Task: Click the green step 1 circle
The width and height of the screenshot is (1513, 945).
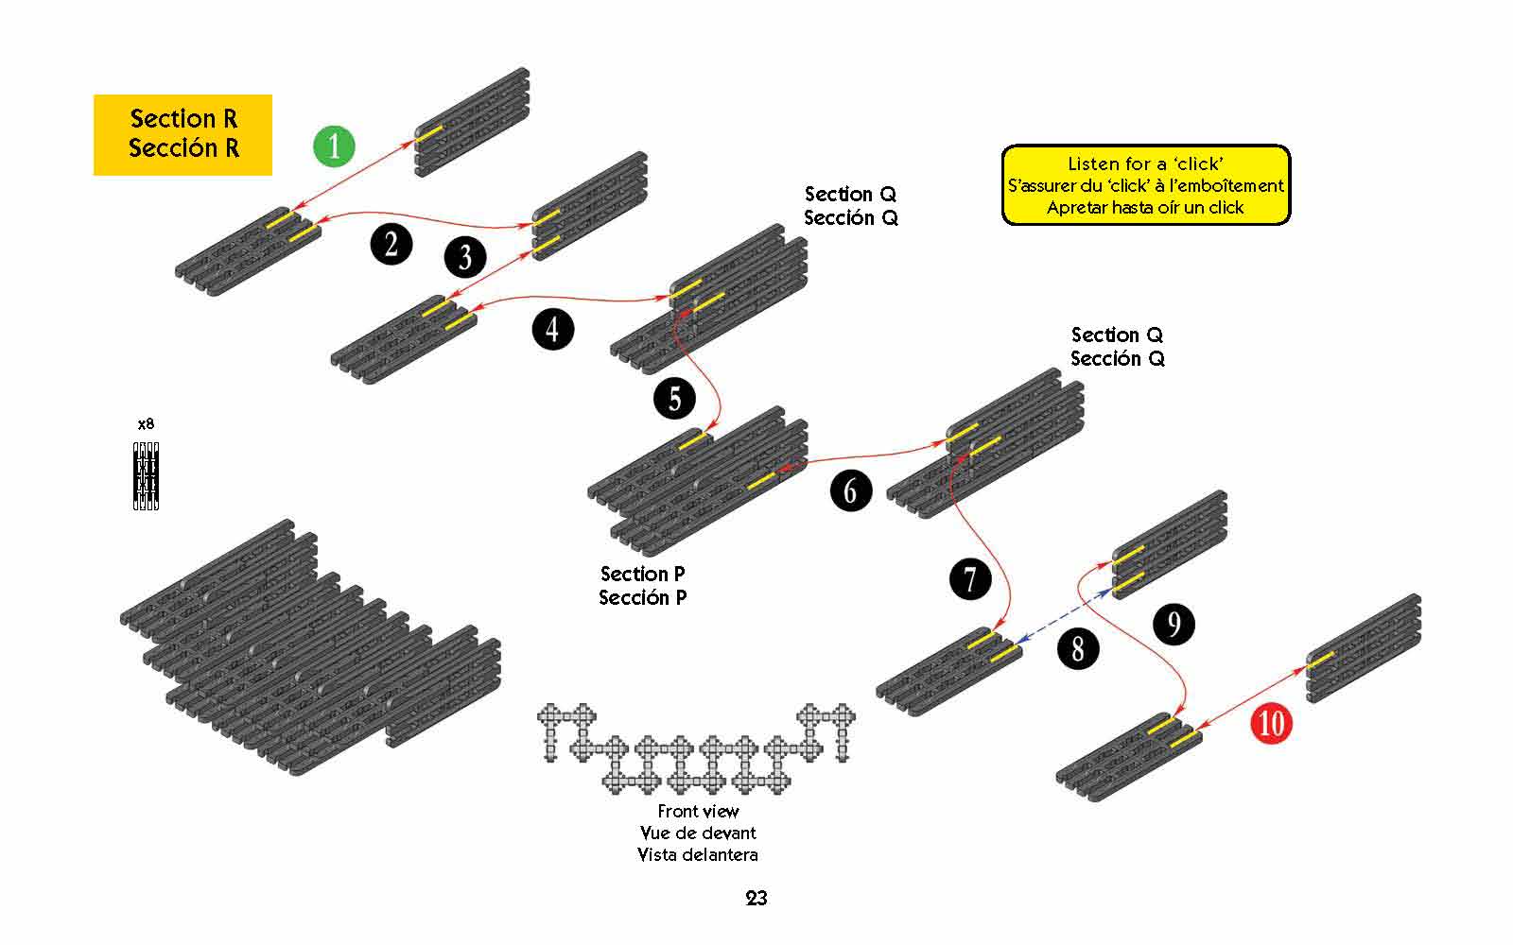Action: (x=333, y=146)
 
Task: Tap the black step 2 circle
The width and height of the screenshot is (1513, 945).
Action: (x=391, y=245)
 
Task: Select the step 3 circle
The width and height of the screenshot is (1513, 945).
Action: (x=465, y=257)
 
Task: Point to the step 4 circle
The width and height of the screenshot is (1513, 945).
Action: (x=552, y=329)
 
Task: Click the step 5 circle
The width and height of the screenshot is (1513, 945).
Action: (x=674, y=398)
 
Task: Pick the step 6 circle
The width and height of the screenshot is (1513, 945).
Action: (x=850, y=490)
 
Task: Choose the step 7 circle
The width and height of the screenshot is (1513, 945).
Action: (x=970, y=579)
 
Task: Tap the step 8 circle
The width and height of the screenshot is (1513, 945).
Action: (x=1078, y=648)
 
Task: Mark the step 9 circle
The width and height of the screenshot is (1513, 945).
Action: (x=1174, y=625)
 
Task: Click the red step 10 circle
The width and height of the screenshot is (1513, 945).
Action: (x=1271, y=724)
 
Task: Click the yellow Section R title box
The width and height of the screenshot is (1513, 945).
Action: (x=183, y=134)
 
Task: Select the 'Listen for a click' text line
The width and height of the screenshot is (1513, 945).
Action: (x=1145, y=163)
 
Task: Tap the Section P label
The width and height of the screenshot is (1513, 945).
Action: (x=643, y=575)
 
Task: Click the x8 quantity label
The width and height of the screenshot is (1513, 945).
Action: (x=146, y=424)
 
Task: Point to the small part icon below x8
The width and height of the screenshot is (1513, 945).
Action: (x=146, y=475)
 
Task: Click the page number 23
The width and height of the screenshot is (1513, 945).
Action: (x=756, y=899)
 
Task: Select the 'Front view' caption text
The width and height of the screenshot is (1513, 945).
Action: (x=698, y=811)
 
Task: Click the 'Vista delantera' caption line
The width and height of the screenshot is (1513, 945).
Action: (x=698, y=855)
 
